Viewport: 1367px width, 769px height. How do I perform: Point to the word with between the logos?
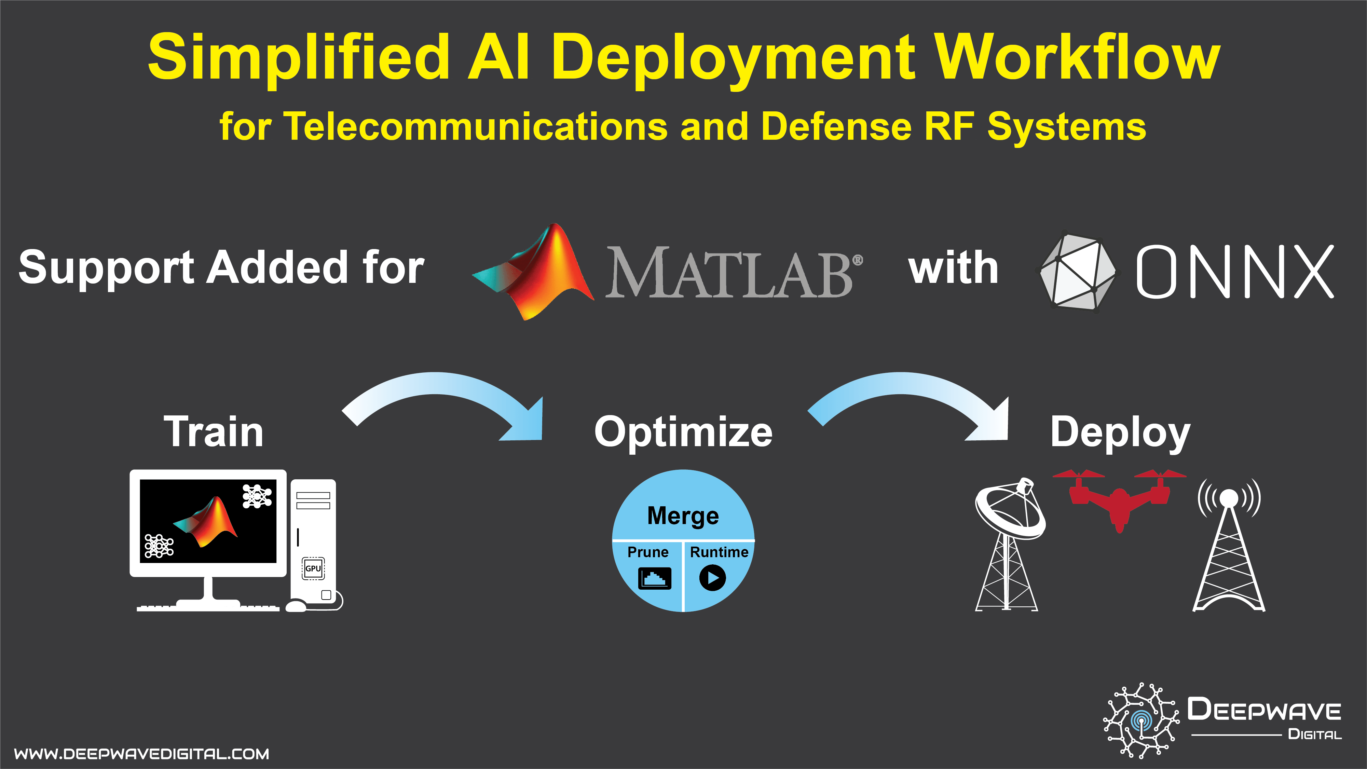point(953,268)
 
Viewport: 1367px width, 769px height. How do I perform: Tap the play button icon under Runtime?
point(712,578)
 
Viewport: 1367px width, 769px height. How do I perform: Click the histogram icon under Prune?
point(654,578)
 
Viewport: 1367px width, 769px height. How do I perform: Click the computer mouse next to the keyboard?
point(296,606)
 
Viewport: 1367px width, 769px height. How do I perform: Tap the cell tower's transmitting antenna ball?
point(1229,497)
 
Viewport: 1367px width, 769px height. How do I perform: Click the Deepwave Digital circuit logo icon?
point(1141,720)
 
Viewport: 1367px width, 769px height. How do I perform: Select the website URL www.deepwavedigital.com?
point(142,754)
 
